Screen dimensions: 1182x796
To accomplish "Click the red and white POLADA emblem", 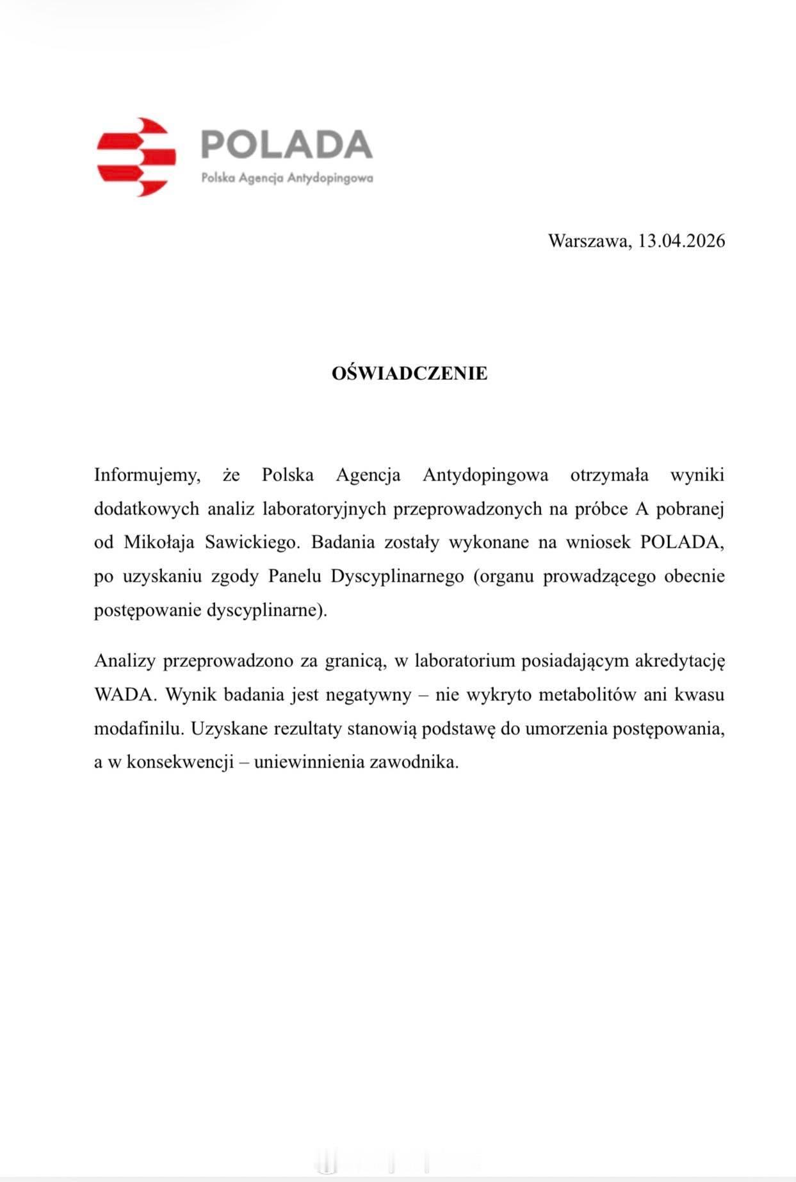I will pos(136,157).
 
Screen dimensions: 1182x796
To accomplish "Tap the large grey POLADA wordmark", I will pos(286,144).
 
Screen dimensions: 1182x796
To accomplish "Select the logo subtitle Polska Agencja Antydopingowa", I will pos(287,178).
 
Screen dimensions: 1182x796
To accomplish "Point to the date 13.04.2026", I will pos(681,241).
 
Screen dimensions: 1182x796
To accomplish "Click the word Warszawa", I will pos(589,241).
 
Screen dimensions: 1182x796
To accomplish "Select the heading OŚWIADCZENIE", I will pos(409,373).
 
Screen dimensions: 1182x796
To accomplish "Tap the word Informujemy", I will pos(147,475).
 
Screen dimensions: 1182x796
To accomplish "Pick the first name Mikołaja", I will pos(159,543).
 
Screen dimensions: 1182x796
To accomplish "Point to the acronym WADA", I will pos(124,695).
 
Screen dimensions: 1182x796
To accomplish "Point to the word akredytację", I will pos(679,661).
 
